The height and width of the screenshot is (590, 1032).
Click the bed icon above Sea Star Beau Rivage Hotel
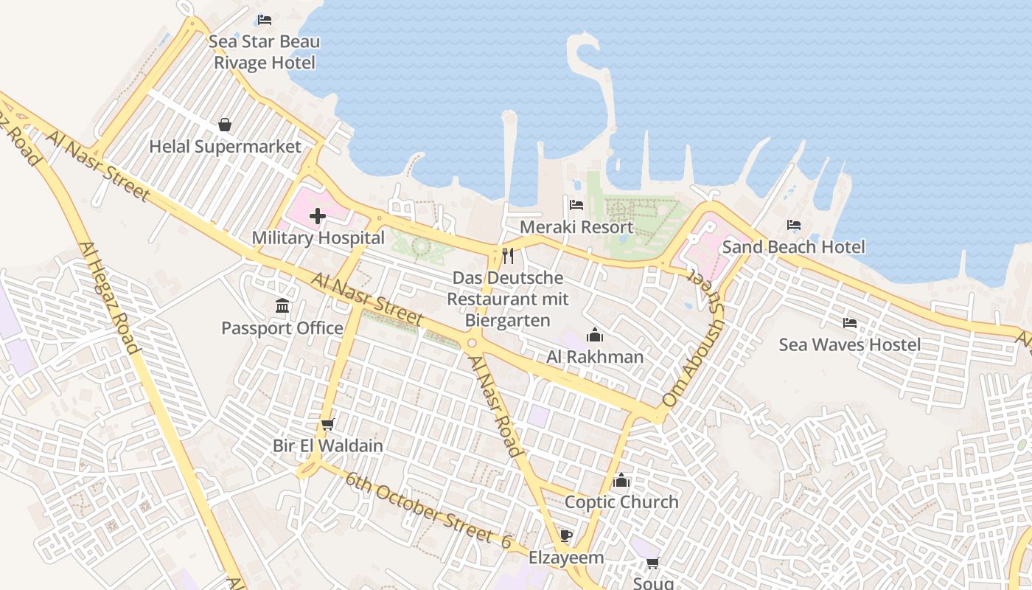tap(264, 19)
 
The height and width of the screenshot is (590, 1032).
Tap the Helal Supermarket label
tap(226, 146)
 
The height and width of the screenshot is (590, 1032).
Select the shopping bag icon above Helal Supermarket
tap(225, 125)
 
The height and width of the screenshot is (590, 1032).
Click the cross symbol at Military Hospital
tap(318, 216)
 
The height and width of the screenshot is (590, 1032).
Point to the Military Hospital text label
tap(318, 237)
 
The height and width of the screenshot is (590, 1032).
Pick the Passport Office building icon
tap(282, 305)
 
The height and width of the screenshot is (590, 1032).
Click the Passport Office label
tap(282, 327)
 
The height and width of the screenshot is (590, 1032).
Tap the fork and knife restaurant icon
tap(508, 256)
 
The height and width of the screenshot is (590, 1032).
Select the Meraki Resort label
tap(576, 226)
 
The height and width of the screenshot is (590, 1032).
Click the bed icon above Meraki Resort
tap(576, 204)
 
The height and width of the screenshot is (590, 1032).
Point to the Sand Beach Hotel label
tap(793, 246)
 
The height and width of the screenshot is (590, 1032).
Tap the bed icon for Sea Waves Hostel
tap(850, 322)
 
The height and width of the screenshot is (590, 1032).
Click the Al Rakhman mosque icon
tap(595, 336)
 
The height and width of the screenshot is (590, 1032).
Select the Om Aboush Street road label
tap(694, 338)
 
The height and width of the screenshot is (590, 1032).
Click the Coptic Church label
tap(621, 502)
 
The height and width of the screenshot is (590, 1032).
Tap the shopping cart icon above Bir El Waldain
tap(328, 424)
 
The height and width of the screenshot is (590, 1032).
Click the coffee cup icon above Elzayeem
tap(565, 535)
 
